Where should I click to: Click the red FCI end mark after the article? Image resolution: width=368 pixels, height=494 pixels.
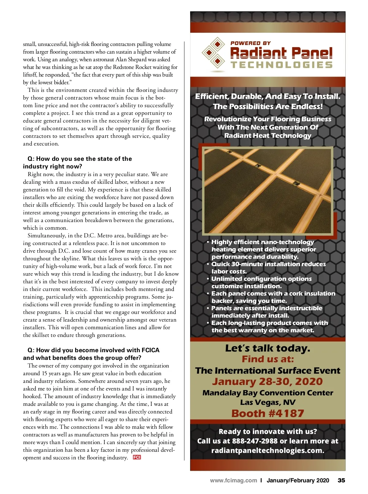[x=137, y=457]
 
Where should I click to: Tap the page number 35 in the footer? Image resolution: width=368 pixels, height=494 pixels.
[x=341, y=480]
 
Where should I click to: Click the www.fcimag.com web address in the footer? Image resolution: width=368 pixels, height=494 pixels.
[x=233, y=480]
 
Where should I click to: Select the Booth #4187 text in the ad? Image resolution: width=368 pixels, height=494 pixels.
[x=267, y=413]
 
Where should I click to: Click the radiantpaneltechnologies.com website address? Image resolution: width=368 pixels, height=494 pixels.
[x=267, y=451]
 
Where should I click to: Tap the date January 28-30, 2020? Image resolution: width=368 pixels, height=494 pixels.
[x=267, y=382]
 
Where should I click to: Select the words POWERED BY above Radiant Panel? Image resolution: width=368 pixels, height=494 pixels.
[x=251, y=43]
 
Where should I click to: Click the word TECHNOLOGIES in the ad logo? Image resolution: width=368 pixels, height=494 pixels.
[x=282, y=65]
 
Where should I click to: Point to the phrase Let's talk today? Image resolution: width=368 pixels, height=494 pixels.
[x=267, y=348]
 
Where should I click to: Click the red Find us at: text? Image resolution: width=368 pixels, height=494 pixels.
[x=267, y=359]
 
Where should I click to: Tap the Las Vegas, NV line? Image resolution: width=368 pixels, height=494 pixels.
[x=267, y=402]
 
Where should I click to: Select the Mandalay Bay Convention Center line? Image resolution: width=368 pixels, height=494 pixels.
[x=267, y=393]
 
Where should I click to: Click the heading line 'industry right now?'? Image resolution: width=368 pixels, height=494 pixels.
[x=52, y=166]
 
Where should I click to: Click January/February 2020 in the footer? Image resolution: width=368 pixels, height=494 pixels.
[x=298, y=480]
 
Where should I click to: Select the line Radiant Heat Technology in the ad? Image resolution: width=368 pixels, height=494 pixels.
[x=267, y=135]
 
